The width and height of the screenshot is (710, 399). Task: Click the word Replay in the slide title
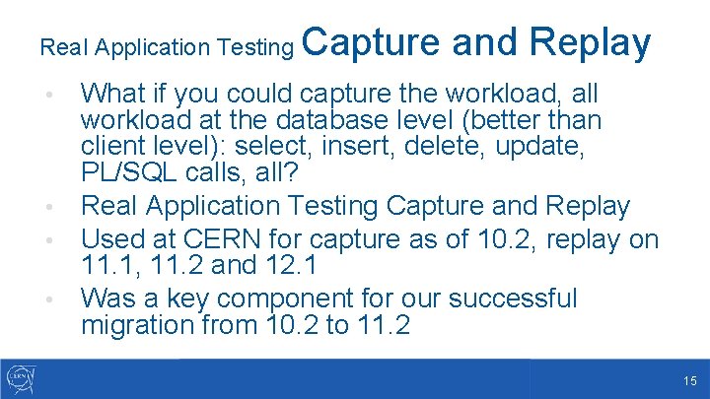pyautogui.click(x=591, y=43)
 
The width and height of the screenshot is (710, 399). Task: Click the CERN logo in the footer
pyautogui.click(x=21, y=378)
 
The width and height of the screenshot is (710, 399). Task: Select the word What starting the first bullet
pyautogui.click(x=112, y=95)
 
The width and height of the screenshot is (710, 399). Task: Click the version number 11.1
pyautogui.click(x=106, y=265)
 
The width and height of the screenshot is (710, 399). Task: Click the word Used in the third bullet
pyautogui.click(x=109, y=238)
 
